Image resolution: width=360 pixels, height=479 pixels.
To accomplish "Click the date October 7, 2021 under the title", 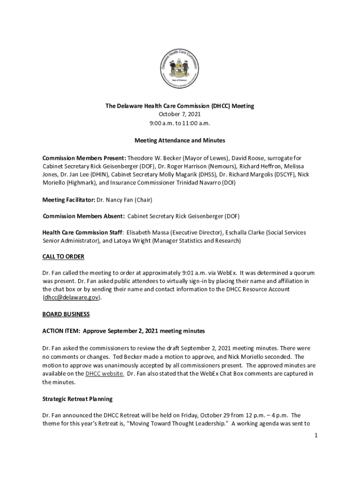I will (x=180, y=115).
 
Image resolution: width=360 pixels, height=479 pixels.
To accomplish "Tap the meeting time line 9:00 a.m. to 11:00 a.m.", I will (x=180, y=123).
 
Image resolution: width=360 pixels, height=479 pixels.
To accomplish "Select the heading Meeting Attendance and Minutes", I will (x=180, y=140).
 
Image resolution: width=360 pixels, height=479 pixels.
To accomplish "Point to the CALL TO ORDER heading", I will (x=63, y=257).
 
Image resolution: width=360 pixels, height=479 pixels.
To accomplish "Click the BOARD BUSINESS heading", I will (x=66, y=314).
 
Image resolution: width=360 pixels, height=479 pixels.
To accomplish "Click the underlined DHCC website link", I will (x=105, y=374).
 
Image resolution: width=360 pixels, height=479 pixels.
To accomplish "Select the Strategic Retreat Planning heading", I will (x=77, y=399).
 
